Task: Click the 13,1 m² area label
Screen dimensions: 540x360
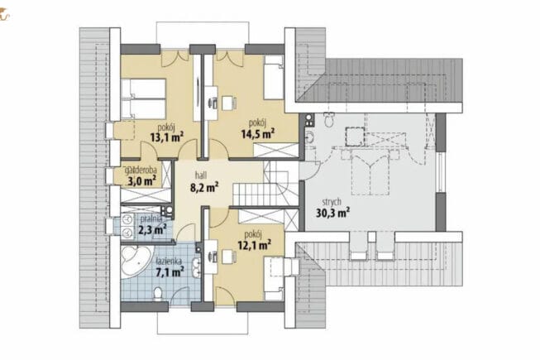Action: click(x=167, y=137)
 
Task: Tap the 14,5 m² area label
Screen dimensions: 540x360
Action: click(x=258, y=133)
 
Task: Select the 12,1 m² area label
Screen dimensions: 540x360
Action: click(x=254, y=245)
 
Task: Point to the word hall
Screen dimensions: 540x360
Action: click(x=201, y=175)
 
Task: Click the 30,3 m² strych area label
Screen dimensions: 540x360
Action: click(x=333, y=213)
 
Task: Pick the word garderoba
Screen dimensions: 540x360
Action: click(x=141, y=170)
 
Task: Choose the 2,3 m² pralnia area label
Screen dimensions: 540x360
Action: click(x=152, y=228)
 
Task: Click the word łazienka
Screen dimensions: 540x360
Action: click(x=169, y=262)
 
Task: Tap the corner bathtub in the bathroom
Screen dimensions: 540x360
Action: click(x=136, y=260)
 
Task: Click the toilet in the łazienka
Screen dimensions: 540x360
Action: click(x=158, y=294)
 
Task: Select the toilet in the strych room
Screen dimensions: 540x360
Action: click(x=328, y=119)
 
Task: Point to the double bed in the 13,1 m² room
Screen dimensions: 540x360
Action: click(x=143, y=98)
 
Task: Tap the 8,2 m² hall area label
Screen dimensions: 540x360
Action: click(x=204, y=187)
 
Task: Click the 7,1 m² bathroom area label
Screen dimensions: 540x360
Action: click(x=170, y=272)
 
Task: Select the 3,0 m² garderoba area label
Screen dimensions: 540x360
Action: click(x=142, y=180)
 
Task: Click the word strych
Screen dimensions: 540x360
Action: click(x=332, y=202)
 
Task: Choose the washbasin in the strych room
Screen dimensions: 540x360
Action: click(x=309, y=137)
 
